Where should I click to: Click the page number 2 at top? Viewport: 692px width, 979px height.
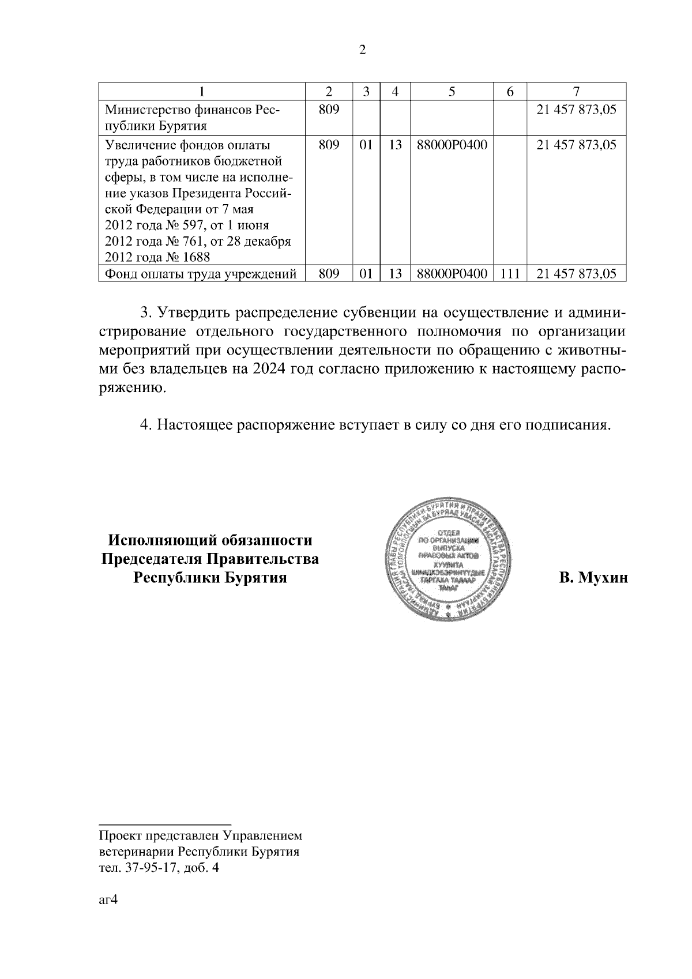click(x=362, y=50)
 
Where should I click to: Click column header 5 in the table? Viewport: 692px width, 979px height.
click(x=452, y=92)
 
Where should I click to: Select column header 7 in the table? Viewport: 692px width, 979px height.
click(x=576, y=92)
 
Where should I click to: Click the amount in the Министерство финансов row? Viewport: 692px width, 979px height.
click(x=576, y=110)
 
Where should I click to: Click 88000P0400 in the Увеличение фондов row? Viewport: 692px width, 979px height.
click(x=452, y=145)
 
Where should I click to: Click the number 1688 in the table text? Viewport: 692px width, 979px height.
click(x=197, y=257)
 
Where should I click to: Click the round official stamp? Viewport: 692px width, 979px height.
click(x=445, y=556)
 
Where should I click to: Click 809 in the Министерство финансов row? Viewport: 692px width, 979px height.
click(x=329, y=110)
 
